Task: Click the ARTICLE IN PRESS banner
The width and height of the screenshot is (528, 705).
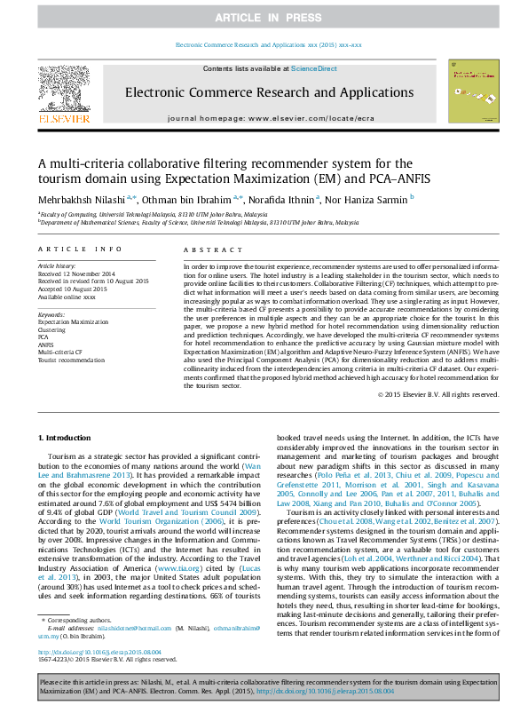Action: [264, 18]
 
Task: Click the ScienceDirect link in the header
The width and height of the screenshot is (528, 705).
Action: [314, 68]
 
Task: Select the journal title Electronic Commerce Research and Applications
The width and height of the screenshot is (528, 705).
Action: [264, 92]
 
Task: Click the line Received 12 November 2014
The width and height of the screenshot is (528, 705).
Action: [76, 274]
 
